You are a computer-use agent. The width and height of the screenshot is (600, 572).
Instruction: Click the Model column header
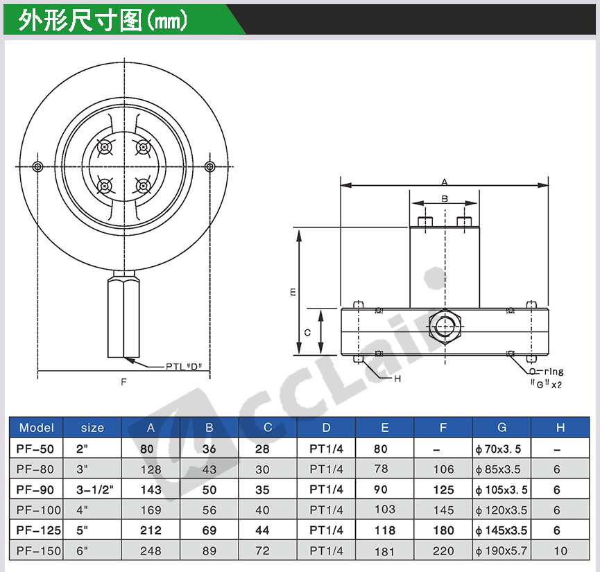(37, 427)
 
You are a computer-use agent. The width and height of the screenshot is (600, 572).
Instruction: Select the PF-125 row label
(39, 530)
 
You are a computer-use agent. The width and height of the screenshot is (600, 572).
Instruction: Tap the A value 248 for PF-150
(151, 551)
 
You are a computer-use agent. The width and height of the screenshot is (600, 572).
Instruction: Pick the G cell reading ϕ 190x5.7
(502, 551)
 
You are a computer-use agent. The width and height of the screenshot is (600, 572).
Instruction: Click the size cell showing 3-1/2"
(95, 489)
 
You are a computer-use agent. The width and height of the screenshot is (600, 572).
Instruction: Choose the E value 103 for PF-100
(385, 509)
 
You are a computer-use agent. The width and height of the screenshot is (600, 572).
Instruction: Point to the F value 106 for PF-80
(443, 469)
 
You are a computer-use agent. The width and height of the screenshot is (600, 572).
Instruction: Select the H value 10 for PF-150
(560, 551)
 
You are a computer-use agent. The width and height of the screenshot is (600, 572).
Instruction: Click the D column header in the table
(327, 427)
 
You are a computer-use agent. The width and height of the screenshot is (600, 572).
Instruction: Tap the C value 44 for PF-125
(262, 530)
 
